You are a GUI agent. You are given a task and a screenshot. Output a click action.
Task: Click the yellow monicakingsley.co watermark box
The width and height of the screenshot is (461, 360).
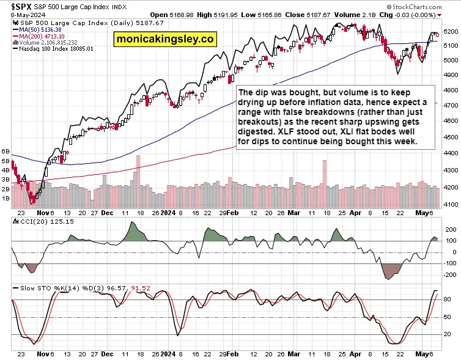(165, 39)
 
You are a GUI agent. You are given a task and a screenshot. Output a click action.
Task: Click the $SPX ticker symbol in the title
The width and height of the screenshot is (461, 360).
(21, 7)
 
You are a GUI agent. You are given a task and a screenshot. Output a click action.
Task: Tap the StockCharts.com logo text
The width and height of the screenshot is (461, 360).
(414, 7)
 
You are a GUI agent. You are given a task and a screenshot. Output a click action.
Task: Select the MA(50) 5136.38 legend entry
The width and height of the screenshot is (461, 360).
(37, 30)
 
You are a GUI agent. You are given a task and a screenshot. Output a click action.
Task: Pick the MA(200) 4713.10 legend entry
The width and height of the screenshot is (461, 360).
(39, 36)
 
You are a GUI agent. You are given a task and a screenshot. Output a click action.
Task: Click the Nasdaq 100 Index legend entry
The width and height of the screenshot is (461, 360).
(53, 49)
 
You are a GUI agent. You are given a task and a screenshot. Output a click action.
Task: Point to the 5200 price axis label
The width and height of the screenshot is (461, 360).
(451, 31)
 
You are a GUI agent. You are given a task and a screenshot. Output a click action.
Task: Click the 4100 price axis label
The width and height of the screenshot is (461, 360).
(451, 204)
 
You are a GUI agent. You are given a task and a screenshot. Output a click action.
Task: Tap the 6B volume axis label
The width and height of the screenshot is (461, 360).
(6, 152)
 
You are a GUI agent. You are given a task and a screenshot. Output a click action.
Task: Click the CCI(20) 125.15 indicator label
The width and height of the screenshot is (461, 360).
(43, 222)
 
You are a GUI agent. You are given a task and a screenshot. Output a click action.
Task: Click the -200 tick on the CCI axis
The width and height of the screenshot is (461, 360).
(451, 275)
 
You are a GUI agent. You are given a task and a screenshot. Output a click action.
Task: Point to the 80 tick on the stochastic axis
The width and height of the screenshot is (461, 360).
(447, 299)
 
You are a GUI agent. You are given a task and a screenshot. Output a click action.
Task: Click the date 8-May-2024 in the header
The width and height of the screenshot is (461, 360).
(28, 15)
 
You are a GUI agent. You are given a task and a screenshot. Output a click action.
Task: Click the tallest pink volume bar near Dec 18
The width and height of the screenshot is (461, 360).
(138, 182)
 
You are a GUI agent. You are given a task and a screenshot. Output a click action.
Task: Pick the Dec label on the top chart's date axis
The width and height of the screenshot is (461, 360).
(107, 213)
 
